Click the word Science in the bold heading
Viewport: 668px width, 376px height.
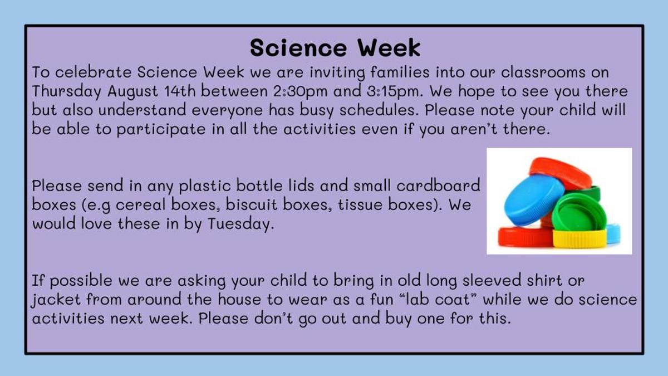point(298,48)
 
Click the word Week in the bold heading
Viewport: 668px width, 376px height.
point(390,48)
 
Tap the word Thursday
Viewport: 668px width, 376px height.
point(66,91)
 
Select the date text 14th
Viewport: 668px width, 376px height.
point(180,91)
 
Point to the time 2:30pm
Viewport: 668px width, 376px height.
point(300,91)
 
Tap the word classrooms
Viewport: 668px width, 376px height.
point(543,72)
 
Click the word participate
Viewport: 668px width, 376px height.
point(161,129)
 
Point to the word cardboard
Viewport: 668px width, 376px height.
point(438,185)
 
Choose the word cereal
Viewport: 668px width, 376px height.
point(140,205)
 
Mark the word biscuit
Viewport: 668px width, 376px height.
point(252,205)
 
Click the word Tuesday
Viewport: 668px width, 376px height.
point(241,224)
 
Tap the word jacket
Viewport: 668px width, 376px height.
point(56,300)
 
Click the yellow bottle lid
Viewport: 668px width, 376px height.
point(579,239)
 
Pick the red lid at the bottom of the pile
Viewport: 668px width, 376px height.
point(525,237)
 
